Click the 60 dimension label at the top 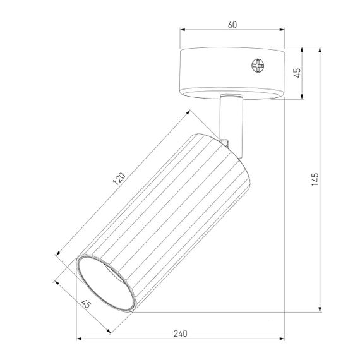pyautogui.click(x=232, y=24)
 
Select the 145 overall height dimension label pyautogui.click(x=315, y=180)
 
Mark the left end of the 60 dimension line pyautogui.click(x=181, y=30)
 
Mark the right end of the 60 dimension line pyautogui.click(x=284, y=30)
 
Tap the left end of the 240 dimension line pyautogui.click(x=77, y=340)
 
